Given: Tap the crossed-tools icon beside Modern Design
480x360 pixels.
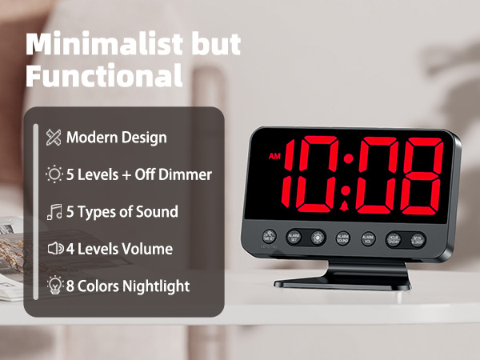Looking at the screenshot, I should (x=54, y=137).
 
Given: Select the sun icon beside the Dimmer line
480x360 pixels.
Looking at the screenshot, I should (x=54, y=174).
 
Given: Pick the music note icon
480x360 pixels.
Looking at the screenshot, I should (x=54, y=212).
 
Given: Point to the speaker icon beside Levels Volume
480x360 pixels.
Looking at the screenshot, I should (x=54, y=249).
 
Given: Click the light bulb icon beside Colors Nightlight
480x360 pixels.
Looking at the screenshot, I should (x=54, y=286).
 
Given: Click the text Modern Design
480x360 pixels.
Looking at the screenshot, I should (x=117, y=137).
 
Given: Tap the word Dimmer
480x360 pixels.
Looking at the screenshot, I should (x=186, y=174).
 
